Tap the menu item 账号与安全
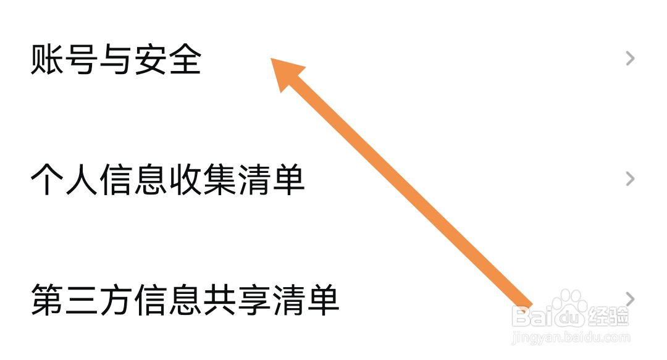click(x=116, y=60)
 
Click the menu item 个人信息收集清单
click(x=167, y=180)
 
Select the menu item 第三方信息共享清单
click(x=185, y=299)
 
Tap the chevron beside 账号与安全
click(x=630, y=59)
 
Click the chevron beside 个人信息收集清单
click(x=630, y=179)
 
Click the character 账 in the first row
click(x=46, y=60)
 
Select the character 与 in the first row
click(x=115, y=60)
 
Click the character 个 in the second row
click(x=47, y=180)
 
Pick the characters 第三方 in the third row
click(x=82, y=299)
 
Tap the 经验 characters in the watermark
click(x=608, y=316)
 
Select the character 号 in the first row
click(x=81, y=60)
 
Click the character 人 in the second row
click(x=81, y=180)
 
